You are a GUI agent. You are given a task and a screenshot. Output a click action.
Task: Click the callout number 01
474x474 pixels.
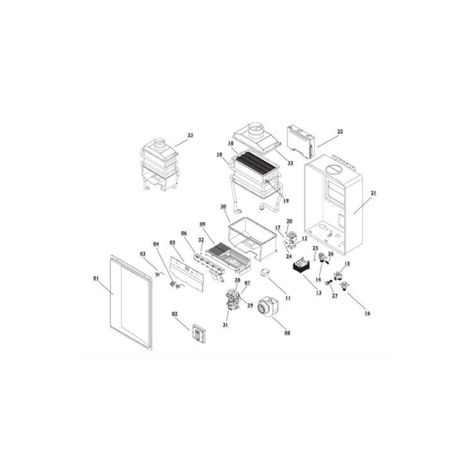(96, 278)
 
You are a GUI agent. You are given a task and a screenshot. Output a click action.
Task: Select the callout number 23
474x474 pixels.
(190, 135)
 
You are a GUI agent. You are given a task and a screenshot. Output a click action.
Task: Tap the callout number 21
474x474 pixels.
(374, 193)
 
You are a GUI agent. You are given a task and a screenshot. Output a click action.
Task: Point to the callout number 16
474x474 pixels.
(367, 313)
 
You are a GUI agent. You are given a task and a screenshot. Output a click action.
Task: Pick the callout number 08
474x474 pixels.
(287, 332)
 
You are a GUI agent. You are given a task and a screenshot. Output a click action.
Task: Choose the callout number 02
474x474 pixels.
(175, 314)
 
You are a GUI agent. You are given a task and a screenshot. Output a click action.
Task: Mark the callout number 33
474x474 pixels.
(290, 163)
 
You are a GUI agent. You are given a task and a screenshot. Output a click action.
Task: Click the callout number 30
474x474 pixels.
(223, 206)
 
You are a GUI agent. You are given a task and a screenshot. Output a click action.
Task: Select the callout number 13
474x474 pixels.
(319, 293)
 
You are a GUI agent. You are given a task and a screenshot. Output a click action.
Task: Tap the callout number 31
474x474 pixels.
(225, 325)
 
